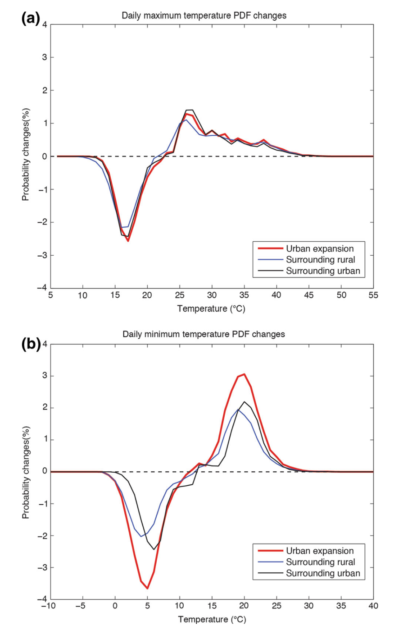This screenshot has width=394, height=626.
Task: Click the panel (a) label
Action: point(30,18)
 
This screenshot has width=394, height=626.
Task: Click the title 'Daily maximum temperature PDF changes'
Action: point(204,16)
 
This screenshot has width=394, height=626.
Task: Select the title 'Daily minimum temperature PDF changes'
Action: point(204,334)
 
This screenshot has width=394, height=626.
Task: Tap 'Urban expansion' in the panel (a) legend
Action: point(320,249)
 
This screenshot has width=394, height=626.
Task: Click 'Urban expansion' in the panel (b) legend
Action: point(320,551)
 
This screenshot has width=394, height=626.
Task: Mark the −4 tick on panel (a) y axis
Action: point(44,288)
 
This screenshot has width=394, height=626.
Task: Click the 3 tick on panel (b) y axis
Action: point(44,376)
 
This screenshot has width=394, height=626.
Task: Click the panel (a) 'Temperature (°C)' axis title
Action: point(211,309)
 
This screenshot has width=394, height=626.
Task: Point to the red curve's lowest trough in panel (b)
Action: point(147,588)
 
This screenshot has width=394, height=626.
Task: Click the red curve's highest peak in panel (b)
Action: point(244,374)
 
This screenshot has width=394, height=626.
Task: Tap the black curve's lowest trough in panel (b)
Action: point(154,549)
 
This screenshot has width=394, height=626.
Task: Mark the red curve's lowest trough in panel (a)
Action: point(128,241)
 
